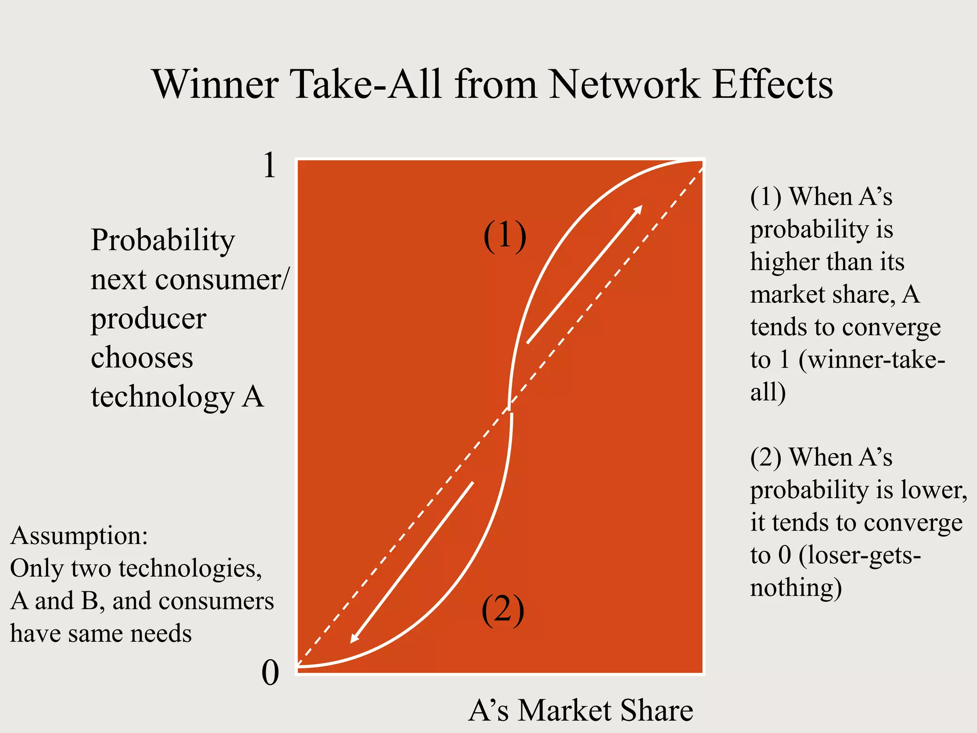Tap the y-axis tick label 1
point(270,166)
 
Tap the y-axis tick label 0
point(270,673)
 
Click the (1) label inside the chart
point(505,236)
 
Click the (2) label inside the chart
point(503,610)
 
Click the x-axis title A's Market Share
point(581,710)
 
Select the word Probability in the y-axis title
point(163,240)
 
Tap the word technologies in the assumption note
point(190,568)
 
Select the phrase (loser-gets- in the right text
point(859,555)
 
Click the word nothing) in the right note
point(796,588)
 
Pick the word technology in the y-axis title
point(163,397)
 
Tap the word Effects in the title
point(773,84)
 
